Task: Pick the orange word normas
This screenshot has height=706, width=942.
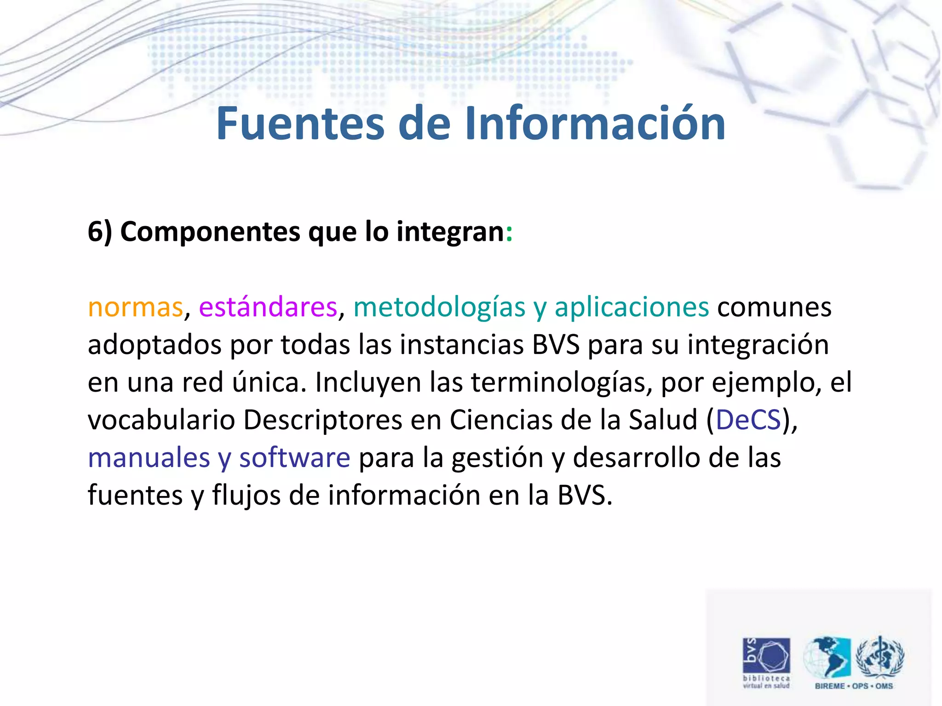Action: coord(135,307)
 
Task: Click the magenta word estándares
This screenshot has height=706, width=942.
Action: coord(268,307)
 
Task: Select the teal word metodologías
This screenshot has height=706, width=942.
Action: coord(439,307)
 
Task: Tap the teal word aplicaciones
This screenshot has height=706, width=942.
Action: coord(632,307)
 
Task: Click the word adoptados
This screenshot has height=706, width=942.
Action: coord(155,345)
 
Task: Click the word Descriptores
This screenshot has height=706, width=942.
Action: coord(322,420)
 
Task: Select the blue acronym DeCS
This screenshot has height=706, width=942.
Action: coord(748,420)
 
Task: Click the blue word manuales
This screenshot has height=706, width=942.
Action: coord(149,457)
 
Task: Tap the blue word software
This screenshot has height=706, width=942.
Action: coord(295,457)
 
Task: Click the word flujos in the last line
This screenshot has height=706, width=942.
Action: coord(246,495)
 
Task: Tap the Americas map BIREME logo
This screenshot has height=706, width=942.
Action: coord(827,657)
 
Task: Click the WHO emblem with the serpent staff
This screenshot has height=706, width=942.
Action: coord(880,657)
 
